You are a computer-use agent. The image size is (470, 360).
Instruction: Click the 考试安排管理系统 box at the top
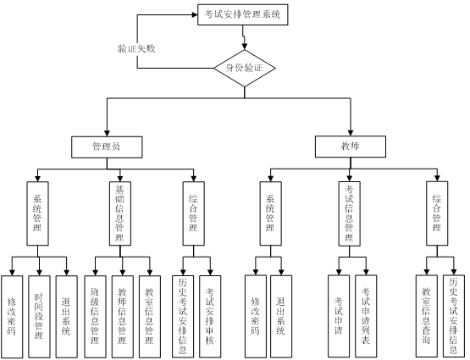(x=243, y=14)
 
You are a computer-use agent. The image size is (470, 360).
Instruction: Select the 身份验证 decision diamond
(x=245, y=68)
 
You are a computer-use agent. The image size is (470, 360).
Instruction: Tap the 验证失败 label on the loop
(x=136, y=48)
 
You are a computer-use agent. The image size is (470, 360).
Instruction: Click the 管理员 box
(x=107, y=147)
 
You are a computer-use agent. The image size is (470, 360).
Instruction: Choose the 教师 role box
(x=351, y=147)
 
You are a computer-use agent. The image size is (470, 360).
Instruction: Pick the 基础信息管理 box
(x=120, y=213)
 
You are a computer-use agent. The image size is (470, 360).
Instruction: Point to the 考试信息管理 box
(x=350, y=213)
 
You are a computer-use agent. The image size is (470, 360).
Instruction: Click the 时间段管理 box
(x=39, y=317)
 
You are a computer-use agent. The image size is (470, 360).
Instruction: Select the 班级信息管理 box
(x=95, y=317)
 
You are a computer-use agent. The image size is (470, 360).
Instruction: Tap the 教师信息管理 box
(x=123, y=317)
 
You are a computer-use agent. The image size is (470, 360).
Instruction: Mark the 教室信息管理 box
(x=150, y=317)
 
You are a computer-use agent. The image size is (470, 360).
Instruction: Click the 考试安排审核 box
(x=210, y=317)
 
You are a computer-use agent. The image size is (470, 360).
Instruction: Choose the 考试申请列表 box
(x=366, y=316)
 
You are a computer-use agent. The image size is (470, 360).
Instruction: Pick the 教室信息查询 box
(x=427, y=316)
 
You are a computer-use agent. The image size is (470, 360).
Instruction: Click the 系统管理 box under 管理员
(x=38, y=213)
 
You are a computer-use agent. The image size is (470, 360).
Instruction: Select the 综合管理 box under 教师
(x=437, y=213)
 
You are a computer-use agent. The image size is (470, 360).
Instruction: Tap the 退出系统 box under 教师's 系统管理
(x=281, y=316)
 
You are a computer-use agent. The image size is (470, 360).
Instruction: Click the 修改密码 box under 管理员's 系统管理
(x=12, y=317)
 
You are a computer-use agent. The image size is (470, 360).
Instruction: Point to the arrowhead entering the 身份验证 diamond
(x=245, y=46)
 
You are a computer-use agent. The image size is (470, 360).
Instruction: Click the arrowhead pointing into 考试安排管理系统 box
(x=195, y=14)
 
